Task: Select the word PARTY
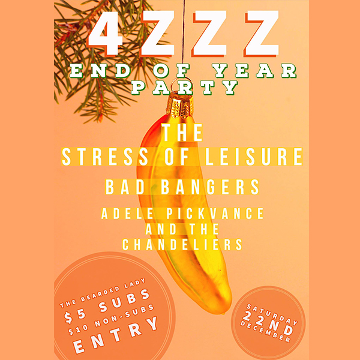coord(184,87)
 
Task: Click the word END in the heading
coord(100,70)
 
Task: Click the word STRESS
coord(105,157)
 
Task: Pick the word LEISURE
coord(254,157)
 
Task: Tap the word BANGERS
coord(210,187)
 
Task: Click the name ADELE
coord(127,214)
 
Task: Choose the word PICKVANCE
coord(215,214)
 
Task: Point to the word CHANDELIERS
coord(182,245)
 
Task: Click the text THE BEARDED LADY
coord(102,293)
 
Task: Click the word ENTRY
coord(116,335)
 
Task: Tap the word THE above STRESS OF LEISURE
coord(182,133)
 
